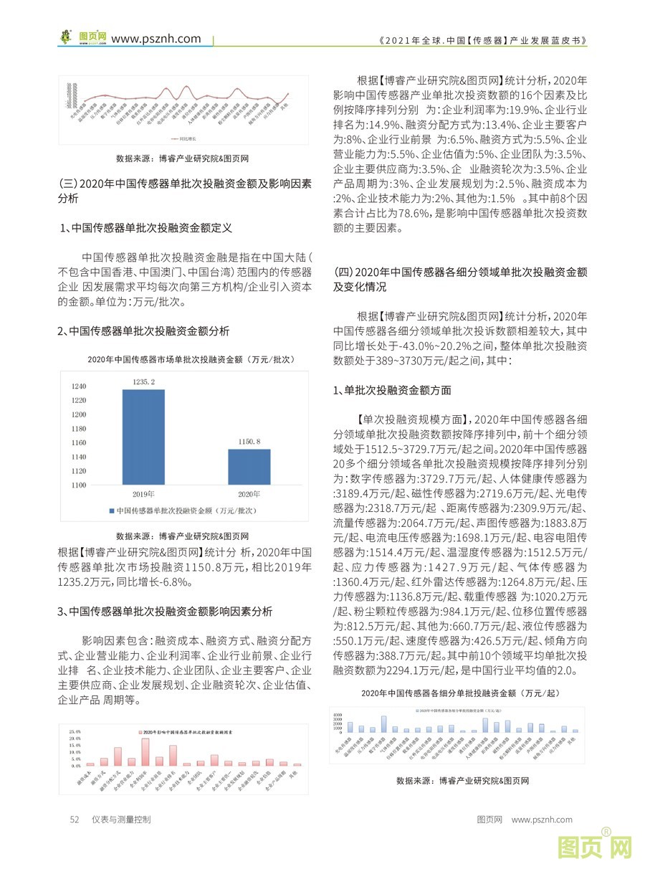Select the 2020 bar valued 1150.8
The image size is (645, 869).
[249, 467]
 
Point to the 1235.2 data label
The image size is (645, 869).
[143, 382]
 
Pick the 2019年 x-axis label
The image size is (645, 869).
[144, 495]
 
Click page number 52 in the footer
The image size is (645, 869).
[74, 819]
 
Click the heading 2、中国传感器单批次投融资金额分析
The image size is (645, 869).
[143, 331]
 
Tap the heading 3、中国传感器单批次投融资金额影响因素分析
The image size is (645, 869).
[165, 612]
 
